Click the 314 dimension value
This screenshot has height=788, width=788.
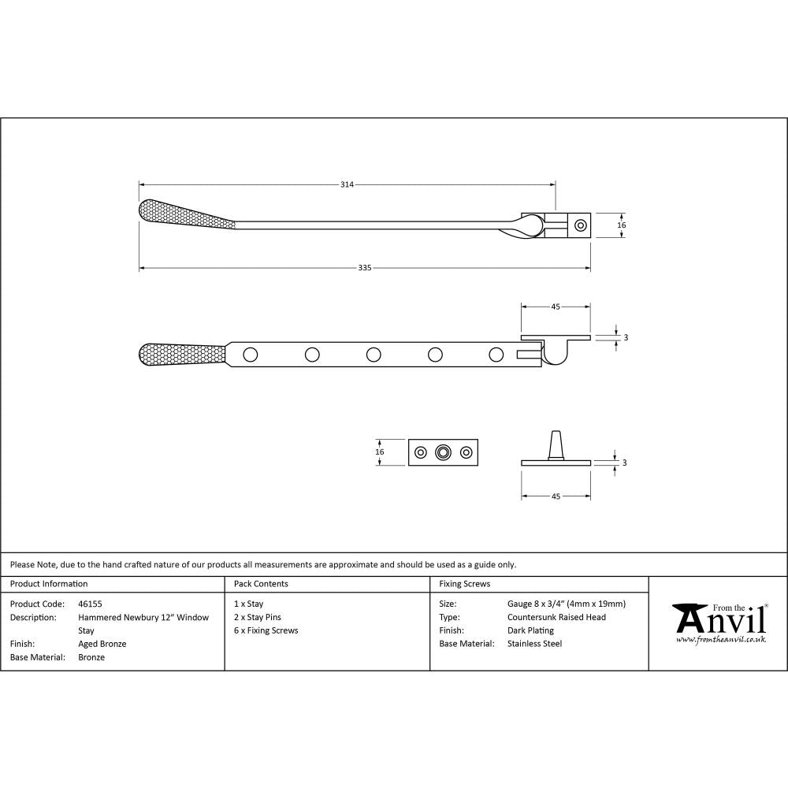[347, 184]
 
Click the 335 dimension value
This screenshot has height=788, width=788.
[364, 268]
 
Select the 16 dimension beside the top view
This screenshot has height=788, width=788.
[621, 225]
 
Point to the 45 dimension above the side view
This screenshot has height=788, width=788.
[556, 307]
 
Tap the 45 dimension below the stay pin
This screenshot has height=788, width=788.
[556, 496]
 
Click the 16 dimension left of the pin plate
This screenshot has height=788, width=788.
[380, 452]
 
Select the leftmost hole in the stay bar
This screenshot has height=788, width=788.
[251, 355]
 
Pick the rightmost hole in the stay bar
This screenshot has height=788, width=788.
[496, 355]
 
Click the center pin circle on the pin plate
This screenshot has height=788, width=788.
[444, 452]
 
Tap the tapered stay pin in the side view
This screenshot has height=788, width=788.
[556, 444]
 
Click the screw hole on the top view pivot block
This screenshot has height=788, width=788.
[581, 225]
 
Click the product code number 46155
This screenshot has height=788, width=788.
[91, 604]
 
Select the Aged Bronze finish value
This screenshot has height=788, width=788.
[102, 644]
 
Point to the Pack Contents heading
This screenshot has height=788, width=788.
[261, 584]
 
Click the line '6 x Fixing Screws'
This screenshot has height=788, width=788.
[266, 630]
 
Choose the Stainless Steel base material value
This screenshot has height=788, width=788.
[535, 644]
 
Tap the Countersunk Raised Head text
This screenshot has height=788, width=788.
[557, 617]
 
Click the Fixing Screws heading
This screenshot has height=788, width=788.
[465, 584]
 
